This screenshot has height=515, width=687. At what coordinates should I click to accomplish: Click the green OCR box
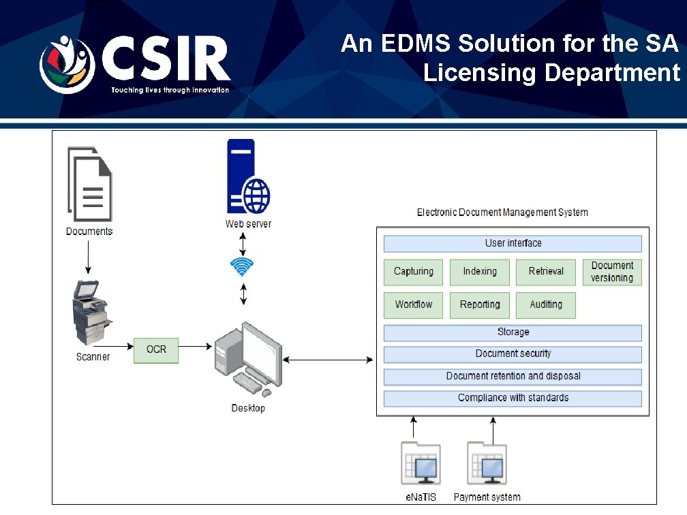tap(156, 349)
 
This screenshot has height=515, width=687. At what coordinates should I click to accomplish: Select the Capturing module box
tap(413, 272)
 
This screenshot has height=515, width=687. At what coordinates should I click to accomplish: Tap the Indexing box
tap(480, 272)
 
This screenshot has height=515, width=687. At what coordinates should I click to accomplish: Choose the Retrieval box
tap(546, 272)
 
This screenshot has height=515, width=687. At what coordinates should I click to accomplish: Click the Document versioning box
tap(612, 272)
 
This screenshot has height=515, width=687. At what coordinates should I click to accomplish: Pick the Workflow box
tap(413, 305)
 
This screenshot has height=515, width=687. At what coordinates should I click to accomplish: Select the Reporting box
tap(480, 305)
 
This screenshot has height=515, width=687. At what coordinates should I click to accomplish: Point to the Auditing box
tap(546, 305)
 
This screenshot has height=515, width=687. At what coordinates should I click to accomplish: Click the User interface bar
tap(513, 243)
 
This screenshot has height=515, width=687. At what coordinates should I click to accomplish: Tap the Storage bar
tap(513, 332)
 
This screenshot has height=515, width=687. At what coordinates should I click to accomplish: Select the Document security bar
tap(513, 354)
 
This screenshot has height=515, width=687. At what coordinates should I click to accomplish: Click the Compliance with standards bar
tap(513, 398)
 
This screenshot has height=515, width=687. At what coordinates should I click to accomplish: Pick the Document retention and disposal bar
tap(513, 376)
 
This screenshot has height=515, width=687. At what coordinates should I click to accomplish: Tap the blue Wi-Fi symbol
tap(242, 267)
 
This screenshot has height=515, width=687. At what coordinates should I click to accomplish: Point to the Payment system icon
tap(487, 465)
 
